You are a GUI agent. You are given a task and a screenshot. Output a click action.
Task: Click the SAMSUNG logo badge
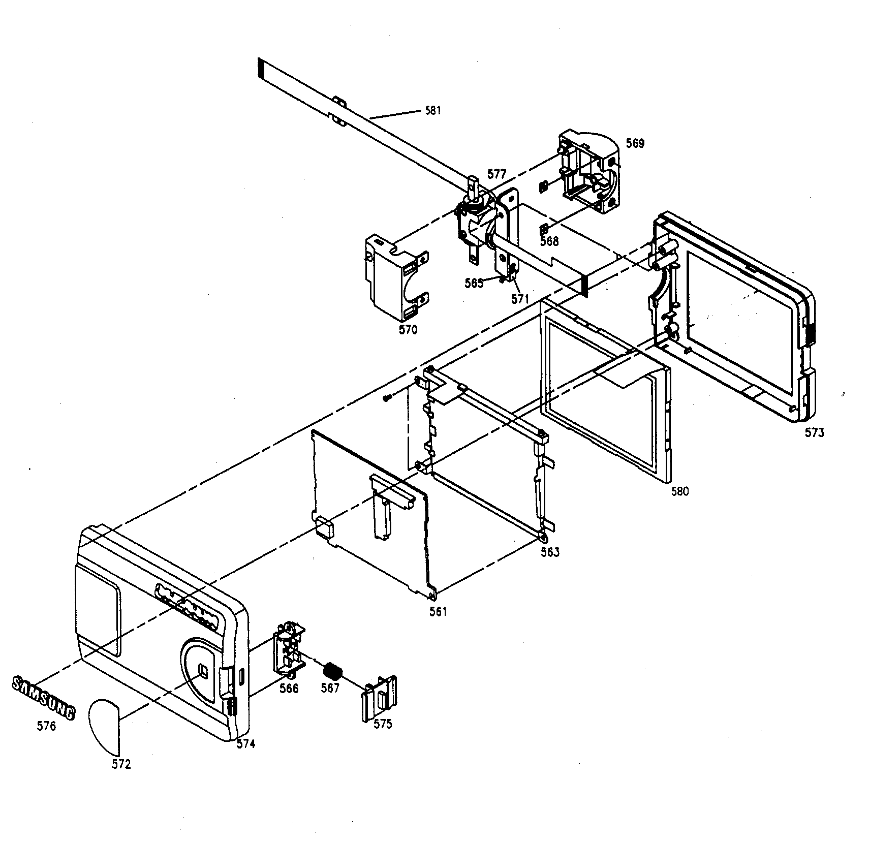pyautogui.click(x=43, y=697)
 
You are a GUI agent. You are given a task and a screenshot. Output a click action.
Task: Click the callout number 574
pyautogui.click(x=246, y=743)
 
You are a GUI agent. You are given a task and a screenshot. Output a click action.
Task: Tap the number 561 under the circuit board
pyautogui.click(x=438, y=612)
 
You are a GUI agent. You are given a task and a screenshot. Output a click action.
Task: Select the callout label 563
pyautogui.click(x=550, y=552)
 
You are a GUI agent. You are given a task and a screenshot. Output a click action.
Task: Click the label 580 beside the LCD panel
pyautogui.click(x=679, y=491)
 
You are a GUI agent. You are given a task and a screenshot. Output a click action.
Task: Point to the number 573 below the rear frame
pyautogui.click(x=814, y=432)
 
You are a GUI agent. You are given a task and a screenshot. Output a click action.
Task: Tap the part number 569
pyautogui.click(x=635, y=144)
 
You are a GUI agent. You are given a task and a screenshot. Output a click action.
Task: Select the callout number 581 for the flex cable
pyautogui.click(x=432, y=110)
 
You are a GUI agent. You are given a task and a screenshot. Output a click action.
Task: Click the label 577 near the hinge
pyautogui.click(x=496, y=174)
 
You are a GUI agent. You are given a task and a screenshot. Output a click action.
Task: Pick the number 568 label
pyautogui.click(x=549, y=241)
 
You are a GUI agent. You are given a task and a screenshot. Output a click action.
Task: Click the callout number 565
pyautogui.click(x=474, y=284)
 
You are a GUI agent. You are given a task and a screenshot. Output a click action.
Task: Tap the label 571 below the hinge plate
pyautogui.click(x=520, y=299)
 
